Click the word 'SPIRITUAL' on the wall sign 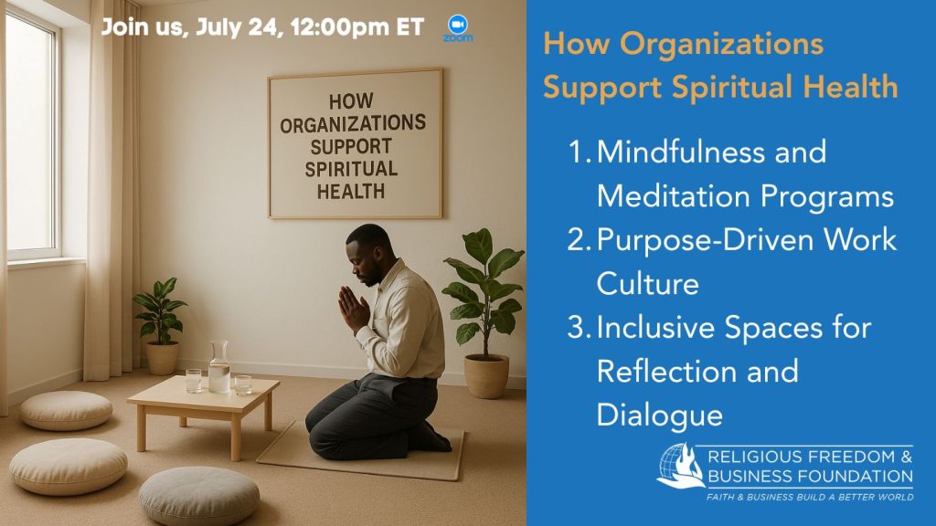click(x=351, y=169)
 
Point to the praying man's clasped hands click(x=352, y=307)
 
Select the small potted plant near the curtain click(x=159, y=326)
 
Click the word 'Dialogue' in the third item click(x=660, y=416)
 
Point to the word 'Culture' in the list click(x=648, y=283)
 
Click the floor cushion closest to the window click(x=66, y=410)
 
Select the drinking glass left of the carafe click(x=194, y=381)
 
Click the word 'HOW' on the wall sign click(x=351, y=101)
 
